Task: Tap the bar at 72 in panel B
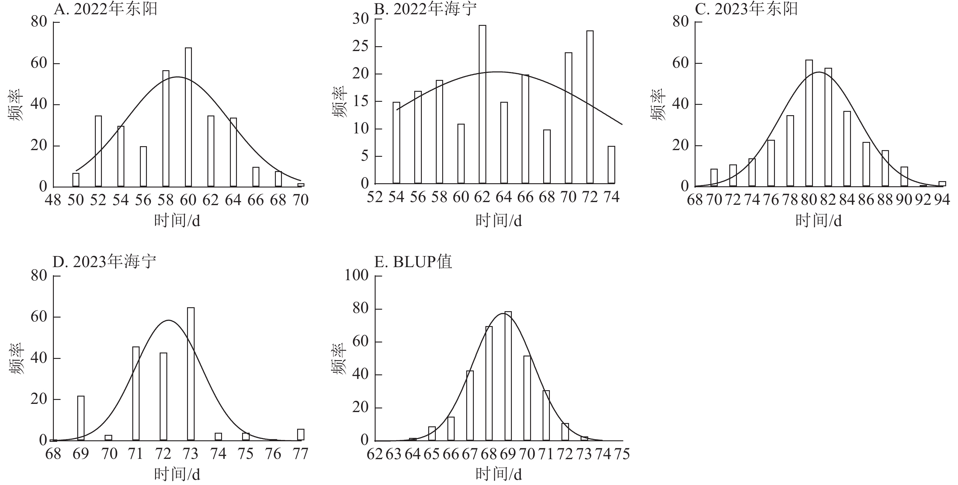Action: pyautogui.click(x=590, y=107)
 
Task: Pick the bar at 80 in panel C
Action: pyautogui.click(x=809, y=123)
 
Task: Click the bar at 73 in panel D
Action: pyautogui.click(x=191, y=374)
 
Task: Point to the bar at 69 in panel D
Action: pyautogui.click(x=81, y=418)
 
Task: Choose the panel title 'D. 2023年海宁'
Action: pyautogui.click(x=105, y=262)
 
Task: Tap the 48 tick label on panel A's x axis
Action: pyautogui.click(x=53, y=200)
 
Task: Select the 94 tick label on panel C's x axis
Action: pyautogui.click(x=942, y=200)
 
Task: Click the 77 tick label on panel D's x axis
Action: pyautogui.click(x=300, y=454)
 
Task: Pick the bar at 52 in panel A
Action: pyautogui.click(x=98, y=151)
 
